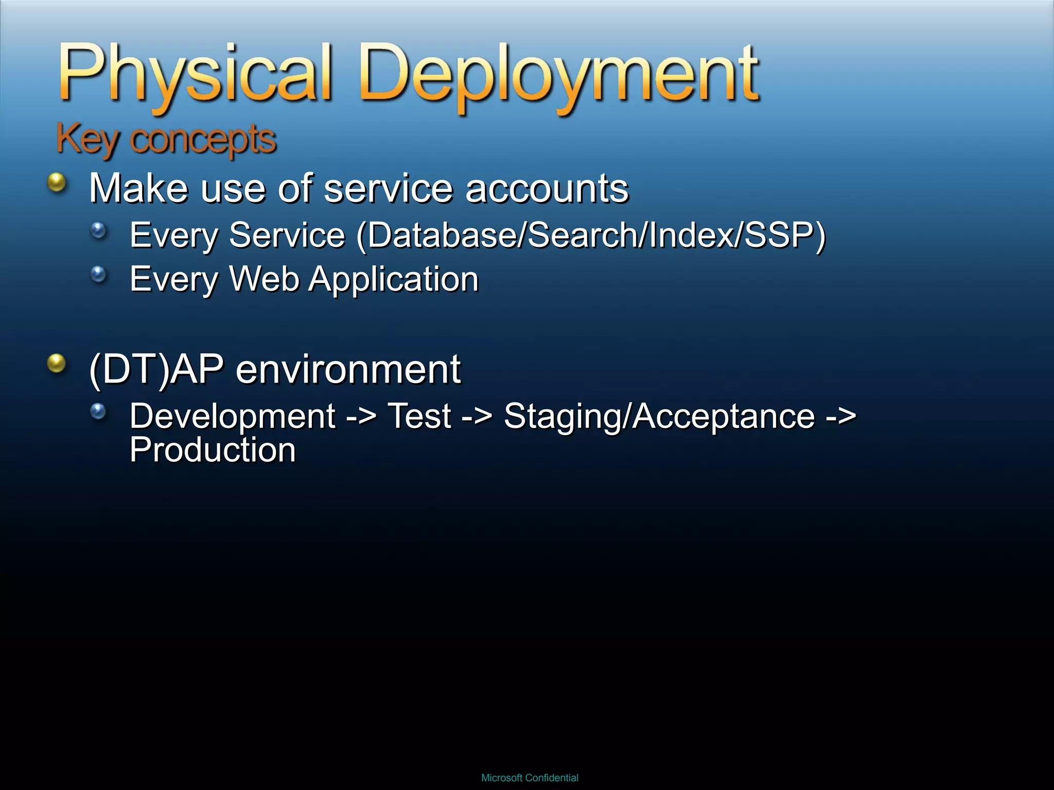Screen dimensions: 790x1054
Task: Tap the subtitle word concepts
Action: click(x=203, y=140)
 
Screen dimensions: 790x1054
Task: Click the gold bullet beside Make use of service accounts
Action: click(x=57, y=183)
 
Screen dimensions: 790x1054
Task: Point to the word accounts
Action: click(x=547, y=188)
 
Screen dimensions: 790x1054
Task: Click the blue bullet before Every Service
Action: click(x=98, y=230)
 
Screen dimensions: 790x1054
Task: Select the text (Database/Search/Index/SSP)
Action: click(x=591, y=236)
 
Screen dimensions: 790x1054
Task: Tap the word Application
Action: click(x=394, y=280)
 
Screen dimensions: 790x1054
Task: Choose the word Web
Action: click(x=264, y=279)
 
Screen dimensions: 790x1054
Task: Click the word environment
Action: click(x=348, y=369)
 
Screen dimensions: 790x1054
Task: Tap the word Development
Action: click(x=233, y=416)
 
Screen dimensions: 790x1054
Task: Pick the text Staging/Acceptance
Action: click(x=659, y=416)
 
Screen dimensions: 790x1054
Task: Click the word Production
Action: click(x=213, y=450)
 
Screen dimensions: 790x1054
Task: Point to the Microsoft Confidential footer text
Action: click(x=530, y=778)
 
